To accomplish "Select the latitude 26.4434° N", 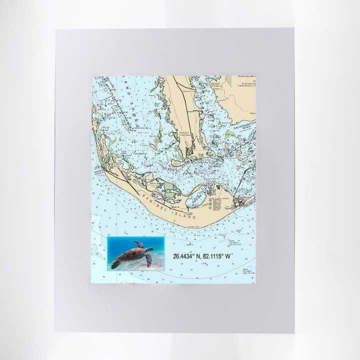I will (x=188, y=256).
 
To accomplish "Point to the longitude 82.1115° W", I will (x=218, y=256).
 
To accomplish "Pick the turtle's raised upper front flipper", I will (x=139, y=244).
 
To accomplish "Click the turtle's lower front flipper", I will (x=148, y=260).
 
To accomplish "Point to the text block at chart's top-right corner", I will (x=246, y=81).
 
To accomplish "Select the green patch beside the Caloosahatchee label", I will (x=229, y=134).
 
